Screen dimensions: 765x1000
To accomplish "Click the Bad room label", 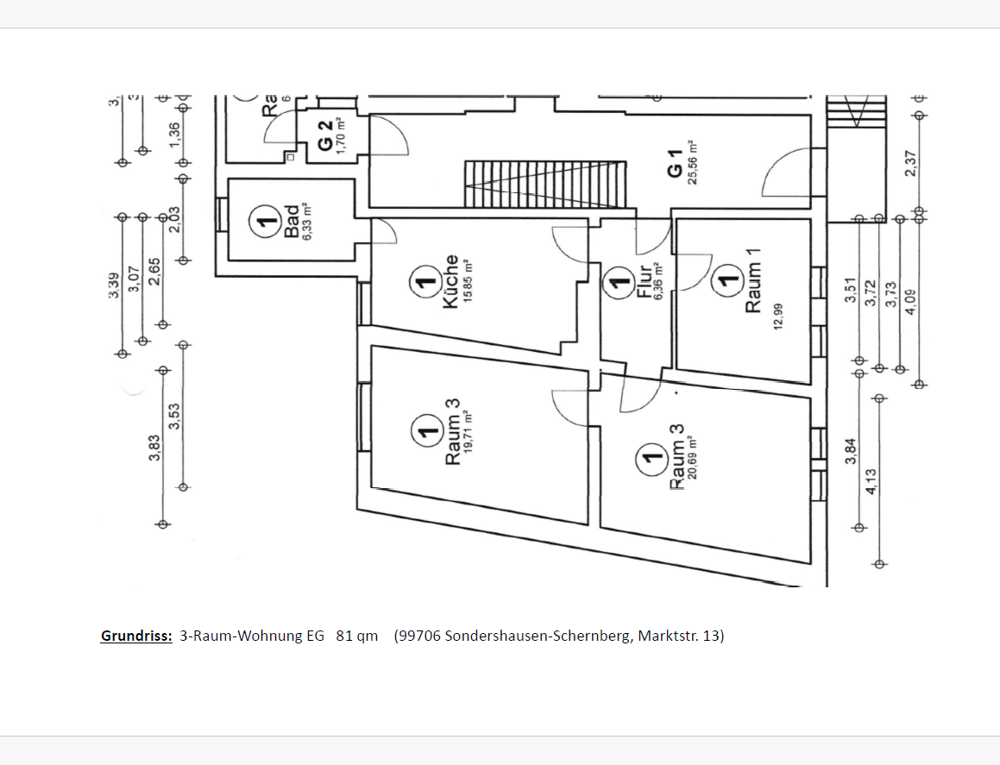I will coord(292,221).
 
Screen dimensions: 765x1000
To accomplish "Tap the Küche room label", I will coord(450,281).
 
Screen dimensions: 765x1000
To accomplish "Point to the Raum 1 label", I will coord(754,280).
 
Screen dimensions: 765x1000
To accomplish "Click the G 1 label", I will coord(675,163).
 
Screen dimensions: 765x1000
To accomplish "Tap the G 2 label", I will coord(324,135).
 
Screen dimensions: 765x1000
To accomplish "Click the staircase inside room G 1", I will coord(544,184).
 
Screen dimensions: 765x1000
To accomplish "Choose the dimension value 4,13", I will coord(871,480).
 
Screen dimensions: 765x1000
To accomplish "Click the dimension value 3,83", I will coord(154,448).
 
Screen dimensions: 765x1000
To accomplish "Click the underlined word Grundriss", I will coord(136,636).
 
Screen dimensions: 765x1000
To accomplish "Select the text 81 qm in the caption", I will coord(357,636).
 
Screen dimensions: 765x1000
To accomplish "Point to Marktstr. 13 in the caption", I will coord(681,636).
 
